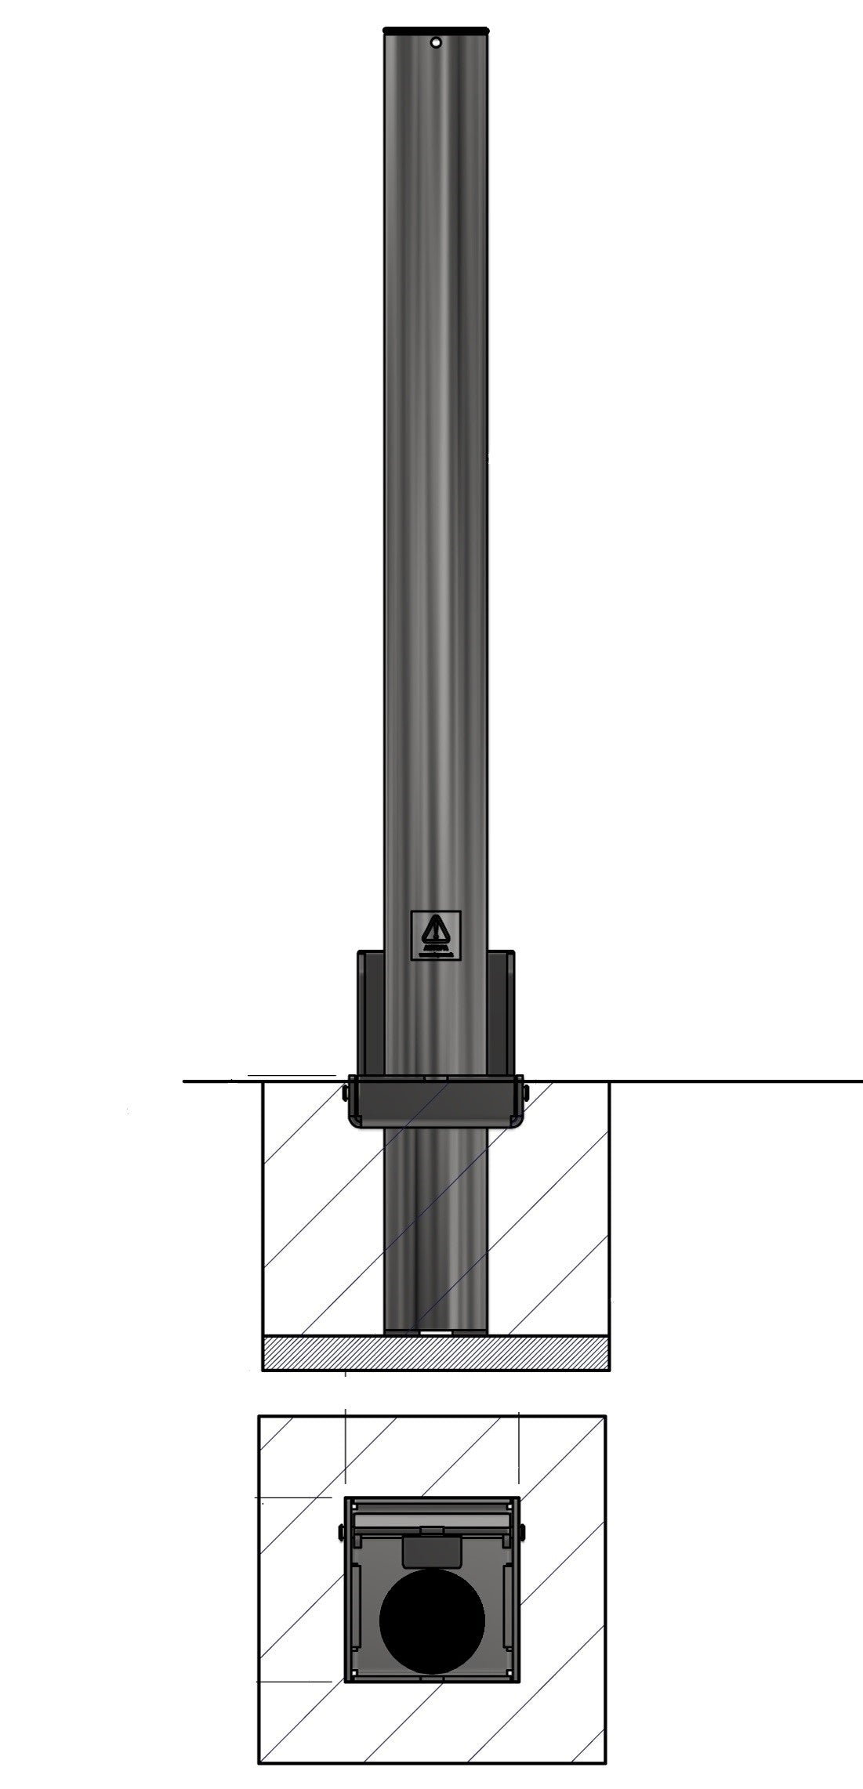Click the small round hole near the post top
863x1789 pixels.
click(437, 42)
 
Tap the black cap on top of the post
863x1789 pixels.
click(436, 30)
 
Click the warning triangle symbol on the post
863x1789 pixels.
click(436, 932)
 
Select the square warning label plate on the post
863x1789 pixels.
click(436, 936)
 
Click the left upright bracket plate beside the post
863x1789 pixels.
click(370, 1011)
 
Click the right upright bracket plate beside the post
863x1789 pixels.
click(501, 1011)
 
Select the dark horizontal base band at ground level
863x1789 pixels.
click(436, 1100)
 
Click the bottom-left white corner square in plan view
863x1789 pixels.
click(355, 1674)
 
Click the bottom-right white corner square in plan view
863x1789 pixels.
click(509, 1674)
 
